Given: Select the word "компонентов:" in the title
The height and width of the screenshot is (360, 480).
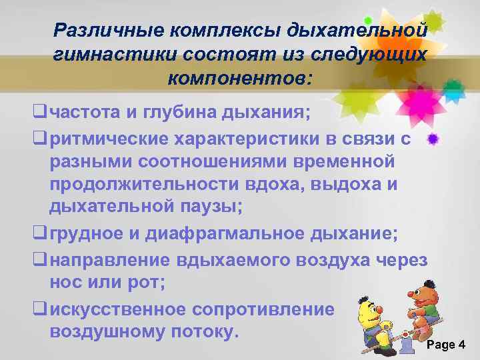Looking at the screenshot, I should tap(239, 79).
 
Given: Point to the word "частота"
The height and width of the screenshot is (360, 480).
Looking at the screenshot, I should tap(85, 111).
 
